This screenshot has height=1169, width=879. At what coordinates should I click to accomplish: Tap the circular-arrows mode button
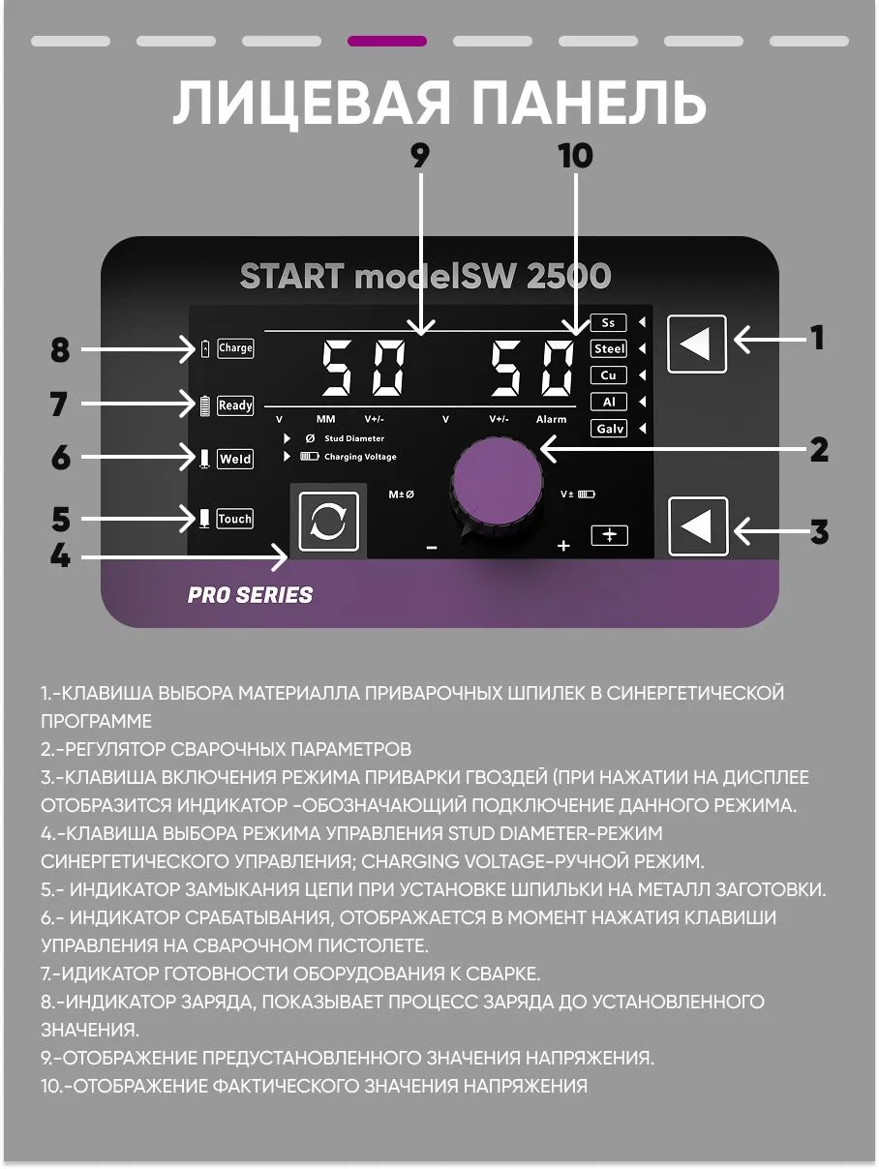tap(329, 522)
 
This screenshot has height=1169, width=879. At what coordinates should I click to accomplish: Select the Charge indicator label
tap(235, 348)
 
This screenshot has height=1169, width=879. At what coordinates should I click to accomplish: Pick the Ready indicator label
tap(235, 405)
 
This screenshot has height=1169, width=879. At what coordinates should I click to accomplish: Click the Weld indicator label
tap(235, 459)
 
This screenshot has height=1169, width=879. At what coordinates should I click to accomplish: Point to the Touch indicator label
tap(235, 519)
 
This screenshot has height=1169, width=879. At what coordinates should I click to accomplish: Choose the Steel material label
tap(609, 348)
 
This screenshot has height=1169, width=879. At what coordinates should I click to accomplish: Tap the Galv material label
tap(609, 428)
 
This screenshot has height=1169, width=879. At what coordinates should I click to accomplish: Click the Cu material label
tap(609, 375)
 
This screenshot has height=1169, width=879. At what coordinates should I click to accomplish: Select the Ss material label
tap(608, 323)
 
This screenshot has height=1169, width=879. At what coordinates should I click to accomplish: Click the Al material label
tap(609, 402)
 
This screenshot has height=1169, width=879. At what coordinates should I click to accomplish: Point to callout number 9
tap(420, 156)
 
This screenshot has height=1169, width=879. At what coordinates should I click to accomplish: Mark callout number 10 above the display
tap(575, 156)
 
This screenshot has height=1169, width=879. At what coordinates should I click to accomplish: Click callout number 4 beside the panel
tap(60, 555)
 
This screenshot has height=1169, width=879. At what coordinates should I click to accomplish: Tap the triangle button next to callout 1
tap(697, 345)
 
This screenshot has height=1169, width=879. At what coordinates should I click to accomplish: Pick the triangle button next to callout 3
tap(698, 526)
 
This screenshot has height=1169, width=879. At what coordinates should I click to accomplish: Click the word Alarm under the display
tap(552, 420)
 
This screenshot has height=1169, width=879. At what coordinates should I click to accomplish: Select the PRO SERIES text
tap(250, 595)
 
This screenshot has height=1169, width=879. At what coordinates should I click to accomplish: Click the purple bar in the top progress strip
tap(387, 41)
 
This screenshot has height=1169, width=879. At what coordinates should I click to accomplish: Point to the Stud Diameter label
tap(354, 438)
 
